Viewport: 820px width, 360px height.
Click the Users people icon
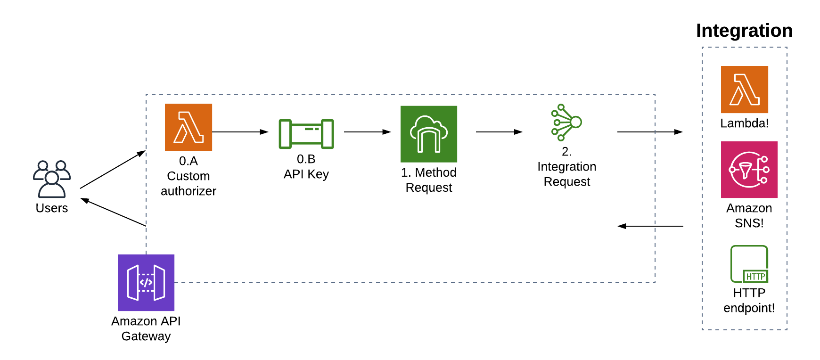coord(52,179)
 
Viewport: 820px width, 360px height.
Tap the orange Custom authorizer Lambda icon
coord(189,127)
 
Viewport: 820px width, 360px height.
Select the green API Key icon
coord(306,134)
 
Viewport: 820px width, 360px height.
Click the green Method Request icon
coord(429,134)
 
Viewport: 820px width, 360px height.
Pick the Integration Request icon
coord(566,123)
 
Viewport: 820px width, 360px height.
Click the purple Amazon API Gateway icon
coord(146,283)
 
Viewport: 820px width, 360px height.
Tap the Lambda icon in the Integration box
coord(745,90)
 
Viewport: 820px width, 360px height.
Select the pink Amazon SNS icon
coord(749,170)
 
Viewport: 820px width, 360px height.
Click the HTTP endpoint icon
coord(749,264)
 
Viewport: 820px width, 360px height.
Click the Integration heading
coord(744,31)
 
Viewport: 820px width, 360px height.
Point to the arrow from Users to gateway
coord(113,170)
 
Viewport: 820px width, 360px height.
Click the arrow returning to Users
coord(113,212)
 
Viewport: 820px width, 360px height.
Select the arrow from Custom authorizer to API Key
coord(240,132)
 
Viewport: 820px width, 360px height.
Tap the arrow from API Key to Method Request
coord(368,132)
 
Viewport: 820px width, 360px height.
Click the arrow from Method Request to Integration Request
coord(500,132)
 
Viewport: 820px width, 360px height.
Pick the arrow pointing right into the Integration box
coord(650,132)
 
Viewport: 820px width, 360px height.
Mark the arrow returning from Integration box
coord(650,226)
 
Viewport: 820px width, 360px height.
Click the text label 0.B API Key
coord(306,167)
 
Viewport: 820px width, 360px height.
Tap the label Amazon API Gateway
coord(146,328)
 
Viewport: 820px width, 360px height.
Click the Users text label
coord(52,208)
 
